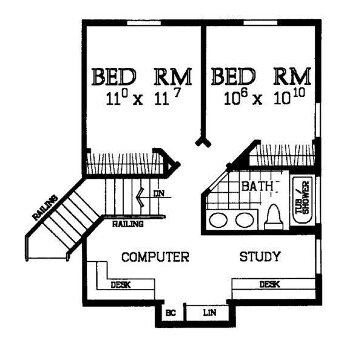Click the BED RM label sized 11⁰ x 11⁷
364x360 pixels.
(x=142, y=77)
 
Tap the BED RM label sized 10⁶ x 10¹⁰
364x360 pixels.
(x=261, y=77)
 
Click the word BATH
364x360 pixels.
(x=257, y=186)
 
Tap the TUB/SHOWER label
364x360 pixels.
(x=302, y=198)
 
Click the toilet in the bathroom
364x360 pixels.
(x=274, y=215)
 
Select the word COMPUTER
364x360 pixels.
(x=155, y=257)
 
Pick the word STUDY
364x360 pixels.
(x=260, y=257)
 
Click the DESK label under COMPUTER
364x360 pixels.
(x=121, y=284)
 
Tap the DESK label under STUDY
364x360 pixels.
(x=269, y=284)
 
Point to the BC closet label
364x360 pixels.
(x=170, y=313)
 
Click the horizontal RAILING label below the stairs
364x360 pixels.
(x=128, y=224)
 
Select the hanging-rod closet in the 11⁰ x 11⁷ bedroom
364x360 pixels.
(x=124, y=163)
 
